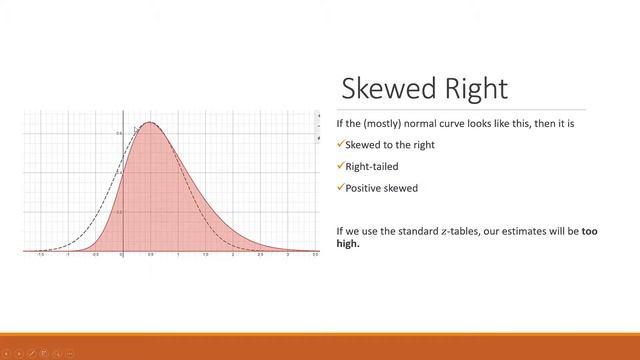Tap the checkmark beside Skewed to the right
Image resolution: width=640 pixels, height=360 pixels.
pos(340,144)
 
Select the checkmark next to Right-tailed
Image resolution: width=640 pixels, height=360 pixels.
pos(340,166)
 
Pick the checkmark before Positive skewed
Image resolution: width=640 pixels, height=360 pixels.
pos(340,187)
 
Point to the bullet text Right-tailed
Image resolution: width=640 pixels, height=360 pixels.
pos(372,166)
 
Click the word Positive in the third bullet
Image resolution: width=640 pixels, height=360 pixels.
pos(362,187)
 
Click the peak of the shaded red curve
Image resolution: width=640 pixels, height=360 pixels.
pos(150,123)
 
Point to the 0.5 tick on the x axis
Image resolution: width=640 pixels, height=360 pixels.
pos(150,255)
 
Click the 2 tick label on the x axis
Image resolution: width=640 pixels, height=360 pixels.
pos(233,255)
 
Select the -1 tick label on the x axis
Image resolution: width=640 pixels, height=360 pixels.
pos(68,255)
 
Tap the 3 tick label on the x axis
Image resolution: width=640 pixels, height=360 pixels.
pos(288,255)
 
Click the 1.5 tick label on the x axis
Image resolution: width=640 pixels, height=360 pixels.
pos(205,255)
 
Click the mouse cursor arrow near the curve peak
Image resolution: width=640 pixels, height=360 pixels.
pos(135,129)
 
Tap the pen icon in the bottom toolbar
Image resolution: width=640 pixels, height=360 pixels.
pos(32,353)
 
